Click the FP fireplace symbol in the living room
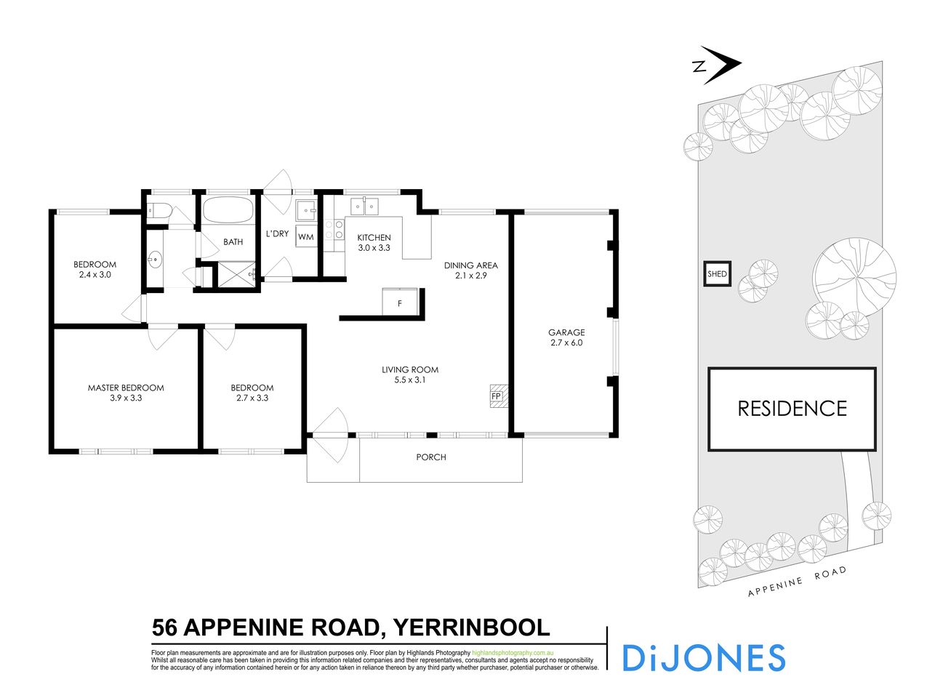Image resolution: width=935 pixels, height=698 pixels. [498, 396]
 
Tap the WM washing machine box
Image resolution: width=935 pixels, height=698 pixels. [305, 237]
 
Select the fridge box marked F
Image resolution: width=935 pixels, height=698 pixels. [399, 302]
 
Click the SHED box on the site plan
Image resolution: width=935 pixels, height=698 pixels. [717, 274]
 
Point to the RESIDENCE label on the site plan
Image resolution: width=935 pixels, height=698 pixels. [792, 409]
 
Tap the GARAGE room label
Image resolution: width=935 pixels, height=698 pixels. [566, 332]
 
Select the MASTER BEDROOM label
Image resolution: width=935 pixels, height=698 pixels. [126, 388]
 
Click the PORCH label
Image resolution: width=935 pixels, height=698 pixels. [431, 457]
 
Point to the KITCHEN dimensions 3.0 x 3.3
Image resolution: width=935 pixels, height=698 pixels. [374, 248]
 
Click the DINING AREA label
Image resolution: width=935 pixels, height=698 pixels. [471, 265]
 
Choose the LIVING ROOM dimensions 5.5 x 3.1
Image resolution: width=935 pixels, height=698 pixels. [410, 380]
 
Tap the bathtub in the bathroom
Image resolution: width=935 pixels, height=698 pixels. [228, 212]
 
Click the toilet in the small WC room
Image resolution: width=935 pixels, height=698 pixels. [159, 212]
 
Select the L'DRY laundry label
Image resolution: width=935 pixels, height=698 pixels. [277, 233]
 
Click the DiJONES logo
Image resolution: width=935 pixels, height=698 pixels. [703, 657]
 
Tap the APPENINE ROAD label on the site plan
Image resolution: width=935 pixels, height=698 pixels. [798, 581]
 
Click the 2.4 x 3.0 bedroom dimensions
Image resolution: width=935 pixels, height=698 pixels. [95, 275]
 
